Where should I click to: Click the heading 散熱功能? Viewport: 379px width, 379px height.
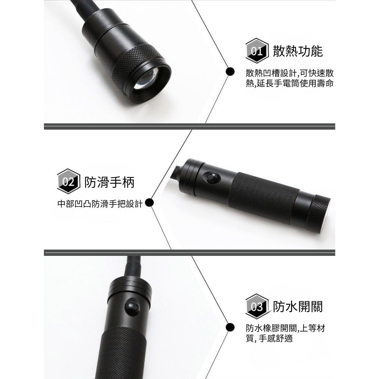(298, 51)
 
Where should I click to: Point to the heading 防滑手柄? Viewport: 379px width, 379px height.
(109, 182)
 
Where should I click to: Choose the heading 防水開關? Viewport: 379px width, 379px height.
(298, 307)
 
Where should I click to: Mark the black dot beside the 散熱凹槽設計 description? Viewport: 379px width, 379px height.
(229, 71)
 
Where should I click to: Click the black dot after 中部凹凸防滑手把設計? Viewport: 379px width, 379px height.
(149, 203)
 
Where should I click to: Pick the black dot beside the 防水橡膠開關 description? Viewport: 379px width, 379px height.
(229, 327)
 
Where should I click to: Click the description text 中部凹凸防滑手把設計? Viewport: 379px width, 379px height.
(99, 204)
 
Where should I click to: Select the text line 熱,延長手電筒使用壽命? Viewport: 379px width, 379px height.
(290, 83)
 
